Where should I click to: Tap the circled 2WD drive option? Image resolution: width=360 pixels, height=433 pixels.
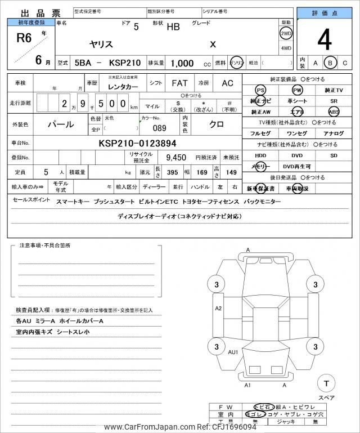coord(286,33)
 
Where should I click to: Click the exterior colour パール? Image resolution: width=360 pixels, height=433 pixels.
coord(60,123)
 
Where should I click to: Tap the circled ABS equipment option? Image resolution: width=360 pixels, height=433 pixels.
coord(334,111)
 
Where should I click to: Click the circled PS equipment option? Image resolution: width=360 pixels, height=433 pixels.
coord(260,90)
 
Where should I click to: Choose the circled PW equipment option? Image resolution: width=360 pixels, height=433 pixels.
coord(298,90)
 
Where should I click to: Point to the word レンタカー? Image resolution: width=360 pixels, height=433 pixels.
coord(119,84)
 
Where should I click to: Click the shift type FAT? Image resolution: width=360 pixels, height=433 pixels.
coord(179,83)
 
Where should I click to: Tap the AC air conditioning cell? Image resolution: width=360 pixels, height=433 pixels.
coord(227,83)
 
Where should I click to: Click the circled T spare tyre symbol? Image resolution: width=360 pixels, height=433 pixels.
coord(325,383)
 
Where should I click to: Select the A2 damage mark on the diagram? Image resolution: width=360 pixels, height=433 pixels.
coord(218,308)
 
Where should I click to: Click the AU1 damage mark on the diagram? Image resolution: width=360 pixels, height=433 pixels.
coord(233,351)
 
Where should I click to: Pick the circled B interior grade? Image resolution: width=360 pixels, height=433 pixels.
coord(331,63)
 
